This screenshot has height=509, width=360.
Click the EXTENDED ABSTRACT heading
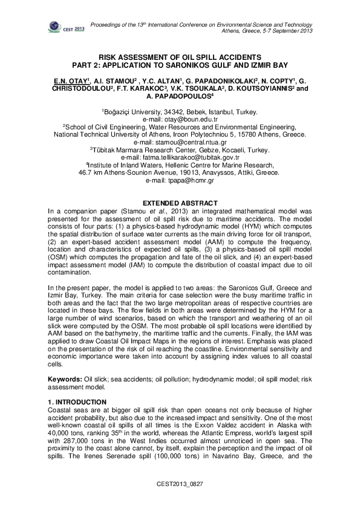click(x=180, y=201)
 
